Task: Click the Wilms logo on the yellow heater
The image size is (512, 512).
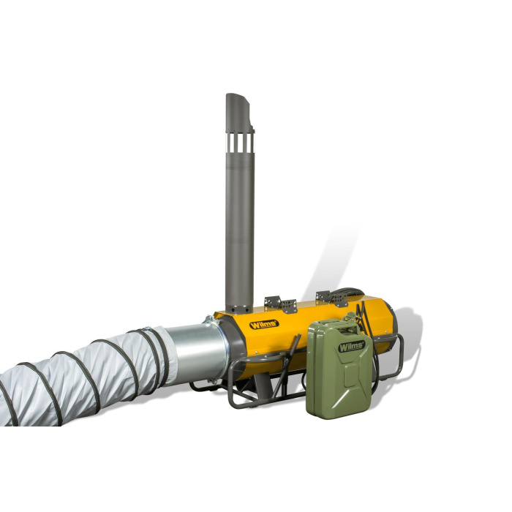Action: click(x=264, y=325)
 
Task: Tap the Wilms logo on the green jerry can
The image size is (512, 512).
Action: click(x=351, y=346)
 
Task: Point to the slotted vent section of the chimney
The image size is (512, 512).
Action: click(x=240, y=143)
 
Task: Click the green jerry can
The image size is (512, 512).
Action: click(x=339, y=369)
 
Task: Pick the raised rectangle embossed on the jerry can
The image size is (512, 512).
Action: click(x=351, y=374)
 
